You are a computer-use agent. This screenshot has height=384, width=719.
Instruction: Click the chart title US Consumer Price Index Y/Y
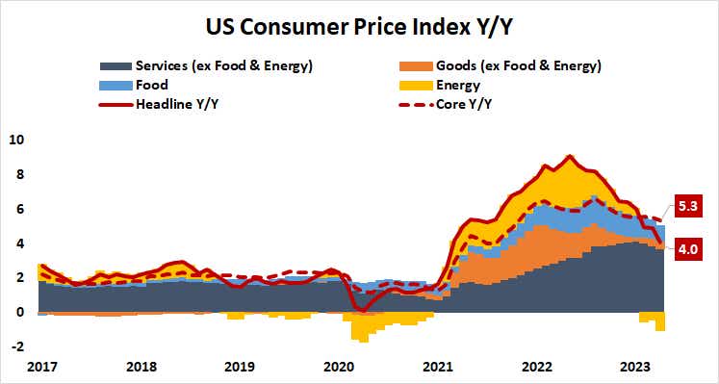359,21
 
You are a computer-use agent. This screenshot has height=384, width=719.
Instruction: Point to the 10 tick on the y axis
16,140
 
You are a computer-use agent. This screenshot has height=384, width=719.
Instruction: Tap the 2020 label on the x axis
339,366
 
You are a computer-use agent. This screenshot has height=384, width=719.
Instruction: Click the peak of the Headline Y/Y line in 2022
570,155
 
